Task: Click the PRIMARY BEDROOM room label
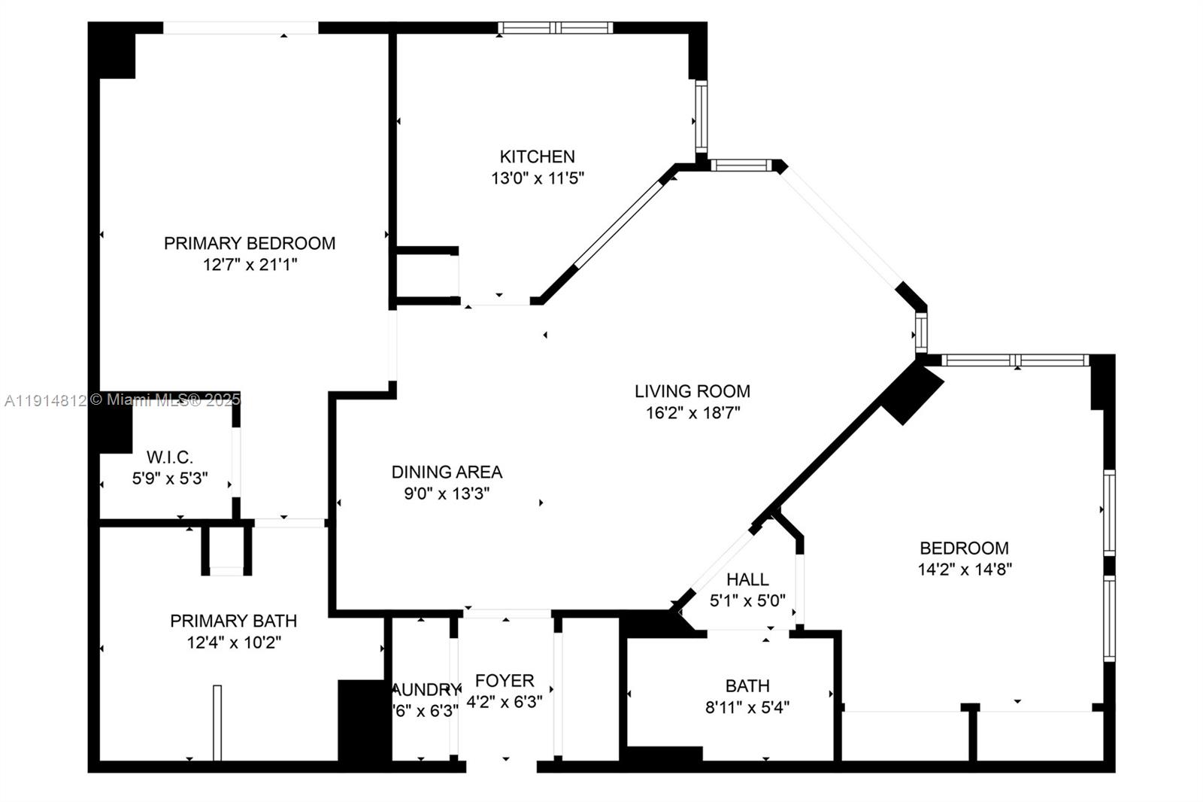pos(250,243)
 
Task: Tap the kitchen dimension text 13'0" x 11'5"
pos(538,178)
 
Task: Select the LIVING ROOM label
pos(692,391)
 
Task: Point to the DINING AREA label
pos(447,472)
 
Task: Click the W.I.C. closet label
pos(170,457)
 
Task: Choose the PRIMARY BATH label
pos(233,621)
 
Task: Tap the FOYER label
pos(505,681)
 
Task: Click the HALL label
pos(747,579)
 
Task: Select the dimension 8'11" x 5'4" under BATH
pos(747,707)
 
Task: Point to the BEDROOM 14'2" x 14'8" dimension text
pos(965,570)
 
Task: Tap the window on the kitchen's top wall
pos(555,28)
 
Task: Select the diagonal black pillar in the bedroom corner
pos(911,393)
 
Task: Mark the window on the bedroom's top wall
pos(1014,360)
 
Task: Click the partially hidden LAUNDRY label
pos(426,690)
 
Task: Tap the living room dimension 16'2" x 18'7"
pos(692,413)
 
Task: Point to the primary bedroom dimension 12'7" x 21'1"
pos(250,265)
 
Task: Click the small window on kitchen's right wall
pos(701,117)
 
